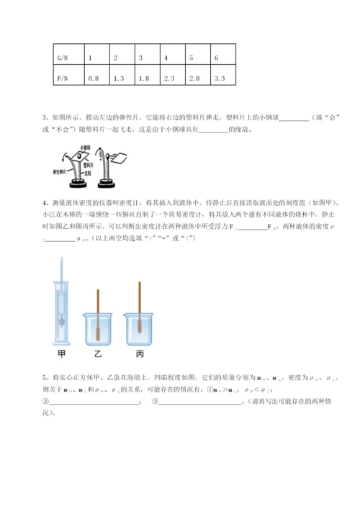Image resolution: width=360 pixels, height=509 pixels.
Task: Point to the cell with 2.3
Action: pos(171,77)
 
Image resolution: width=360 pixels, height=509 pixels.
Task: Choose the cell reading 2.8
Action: pos(195,77)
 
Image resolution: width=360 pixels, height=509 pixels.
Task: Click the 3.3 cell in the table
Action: pos(221,77)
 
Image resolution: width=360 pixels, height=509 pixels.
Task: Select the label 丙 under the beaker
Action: pos(138,353)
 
